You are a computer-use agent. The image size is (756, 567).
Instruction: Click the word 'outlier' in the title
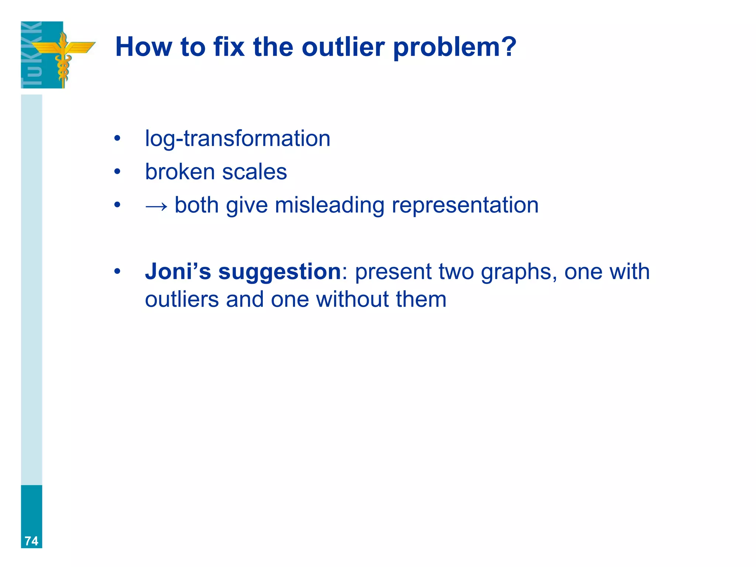[x=343, y=47]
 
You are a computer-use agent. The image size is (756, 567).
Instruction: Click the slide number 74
[x=31, y=541]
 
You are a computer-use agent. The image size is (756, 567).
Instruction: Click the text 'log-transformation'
[x=237, y=139]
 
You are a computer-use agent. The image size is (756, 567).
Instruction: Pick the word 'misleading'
[x=329, y=205]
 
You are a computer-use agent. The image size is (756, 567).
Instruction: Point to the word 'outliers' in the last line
[x=182, y=299]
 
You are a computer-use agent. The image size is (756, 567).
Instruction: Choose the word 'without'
[x=352, y=299]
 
